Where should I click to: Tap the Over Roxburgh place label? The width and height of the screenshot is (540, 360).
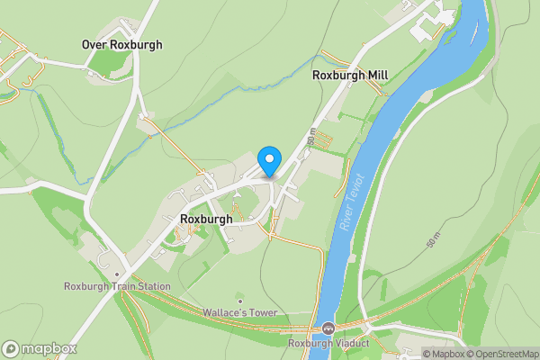tap(121, 44)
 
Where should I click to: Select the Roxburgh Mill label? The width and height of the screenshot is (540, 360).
tap(350, 76)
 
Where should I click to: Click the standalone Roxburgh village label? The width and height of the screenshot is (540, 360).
tap(206, 219)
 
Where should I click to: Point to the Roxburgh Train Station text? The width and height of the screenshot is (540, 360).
tap(117, 287)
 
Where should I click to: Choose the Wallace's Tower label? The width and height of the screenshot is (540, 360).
tap(240, 312)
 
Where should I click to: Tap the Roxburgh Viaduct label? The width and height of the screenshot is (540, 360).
tap(328, 343)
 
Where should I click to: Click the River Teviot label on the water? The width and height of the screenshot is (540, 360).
tap(352, 202)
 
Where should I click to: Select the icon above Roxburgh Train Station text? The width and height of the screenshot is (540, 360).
tap(117, 274)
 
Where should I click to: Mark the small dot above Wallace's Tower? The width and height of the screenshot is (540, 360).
tap(240, 301)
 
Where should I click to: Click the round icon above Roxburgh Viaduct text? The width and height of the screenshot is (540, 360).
tap(328, 328)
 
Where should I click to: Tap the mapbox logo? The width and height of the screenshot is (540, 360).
tap(40, 348)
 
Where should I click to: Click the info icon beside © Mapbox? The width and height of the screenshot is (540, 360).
tap(415, 354)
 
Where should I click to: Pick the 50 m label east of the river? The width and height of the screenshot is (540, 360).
tap(432, 240)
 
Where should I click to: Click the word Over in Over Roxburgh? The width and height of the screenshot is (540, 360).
tap(94, 44)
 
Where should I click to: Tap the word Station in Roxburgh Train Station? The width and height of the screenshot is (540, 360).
tap(152, 287)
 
